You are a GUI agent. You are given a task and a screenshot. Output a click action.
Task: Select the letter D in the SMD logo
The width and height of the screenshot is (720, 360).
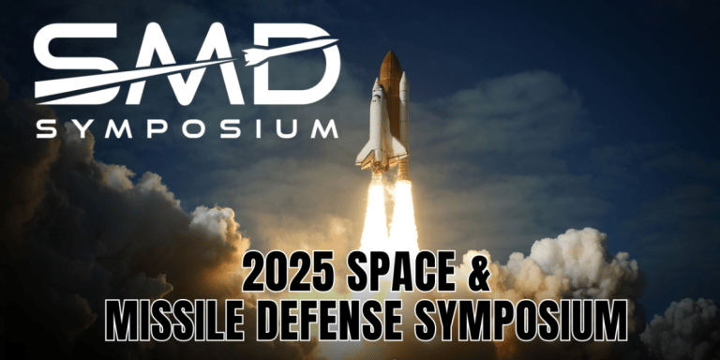pyautogui.click(x=296, y=64)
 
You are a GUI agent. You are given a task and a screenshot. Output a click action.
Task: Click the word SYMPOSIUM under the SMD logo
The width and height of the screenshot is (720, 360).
pyautogui.click(x=187, y=128)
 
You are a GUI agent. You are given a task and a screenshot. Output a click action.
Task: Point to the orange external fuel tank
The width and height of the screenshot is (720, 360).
pyautogui.click(x=390, y=103)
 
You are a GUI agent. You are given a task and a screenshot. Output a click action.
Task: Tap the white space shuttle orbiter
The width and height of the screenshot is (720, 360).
pyautogui.click(x=375, y=127)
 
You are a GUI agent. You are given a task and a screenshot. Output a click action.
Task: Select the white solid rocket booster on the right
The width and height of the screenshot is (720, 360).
pyautogui.click(x=404, y=122)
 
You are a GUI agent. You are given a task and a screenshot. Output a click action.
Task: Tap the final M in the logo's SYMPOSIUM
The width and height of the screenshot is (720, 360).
pyautogui.click(x=324, y=128)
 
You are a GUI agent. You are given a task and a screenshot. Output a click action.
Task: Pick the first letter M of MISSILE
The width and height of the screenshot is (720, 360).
pyautogui.click(x=121, y=322)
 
